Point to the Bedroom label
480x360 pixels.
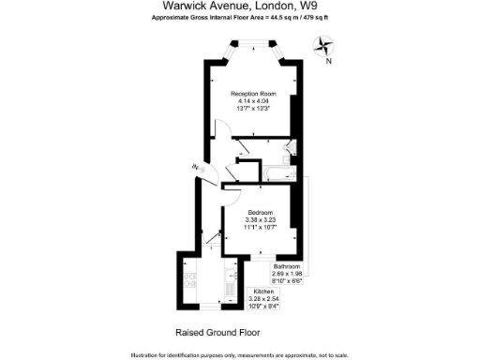point(261,212)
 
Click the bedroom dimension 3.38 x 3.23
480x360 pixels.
point(261,219)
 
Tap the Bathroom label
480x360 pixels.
point(288,266)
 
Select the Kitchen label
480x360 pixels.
point(264,292)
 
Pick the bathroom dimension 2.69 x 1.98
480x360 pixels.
point(288,274)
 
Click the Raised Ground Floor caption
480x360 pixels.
point(217,332)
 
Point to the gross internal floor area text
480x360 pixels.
point(240,18)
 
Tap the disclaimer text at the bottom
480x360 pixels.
point(240,355)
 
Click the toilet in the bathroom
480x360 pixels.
point(290,148)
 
